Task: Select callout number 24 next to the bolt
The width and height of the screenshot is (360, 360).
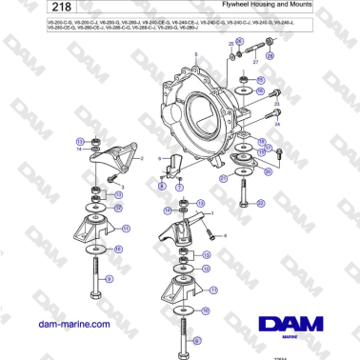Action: point(278,124)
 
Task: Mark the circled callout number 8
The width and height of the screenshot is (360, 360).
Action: point(162,187)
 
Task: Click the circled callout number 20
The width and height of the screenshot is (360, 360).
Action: point(268,172)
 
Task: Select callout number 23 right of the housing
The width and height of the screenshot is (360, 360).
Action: point(276,103)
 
